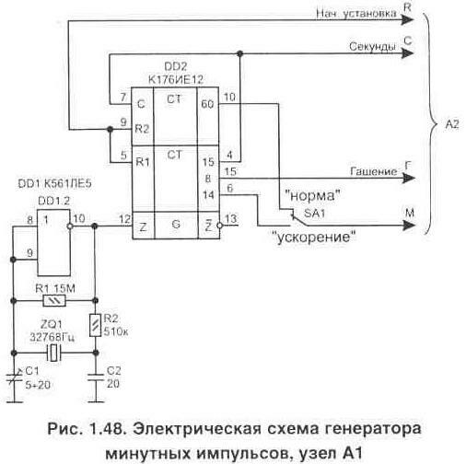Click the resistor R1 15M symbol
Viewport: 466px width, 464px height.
point(57,301)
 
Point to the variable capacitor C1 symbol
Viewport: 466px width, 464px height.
point(13,375)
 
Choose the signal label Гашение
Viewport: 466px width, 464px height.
point(373,172)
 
